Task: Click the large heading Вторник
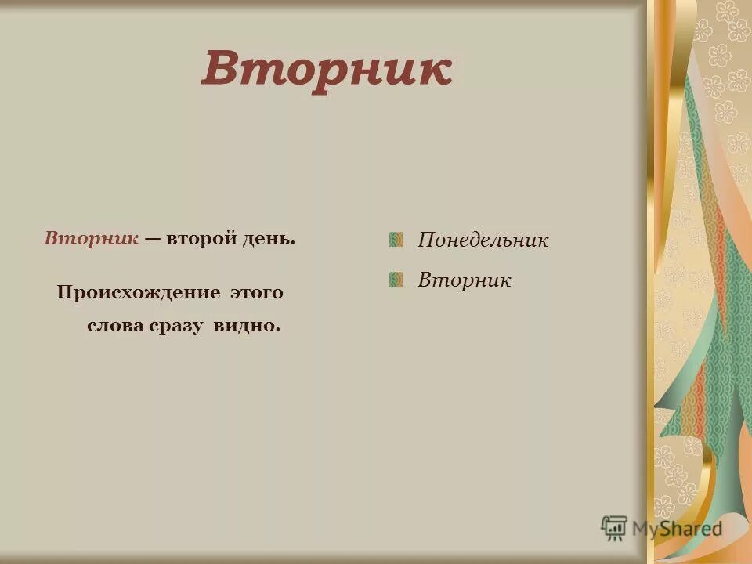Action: pyautogui.click(x=327, y=70)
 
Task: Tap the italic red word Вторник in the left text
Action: pyautogui.click(x=92, y=237)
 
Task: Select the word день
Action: pyautogui.click(x=271, y=237)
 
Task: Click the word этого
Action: pyautogui.click(x=256, y=293)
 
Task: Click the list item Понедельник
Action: pyautogui.click(x=483, y=240)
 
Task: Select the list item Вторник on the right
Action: pyautogui.click(x=464, y=280)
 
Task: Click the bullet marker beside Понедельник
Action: pyautogui.click(x=396, y=239)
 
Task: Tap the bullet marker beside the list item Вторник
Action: pyautogui.click(x=396, y=279)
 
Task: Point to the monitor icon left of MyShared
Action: pyautogui.click(x=614, y=528)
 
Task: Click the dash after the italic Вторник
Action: pyautogui.click(x=152, y=238)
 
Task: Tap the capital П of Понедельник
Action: pyautogui.click(x=425, y=240)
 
